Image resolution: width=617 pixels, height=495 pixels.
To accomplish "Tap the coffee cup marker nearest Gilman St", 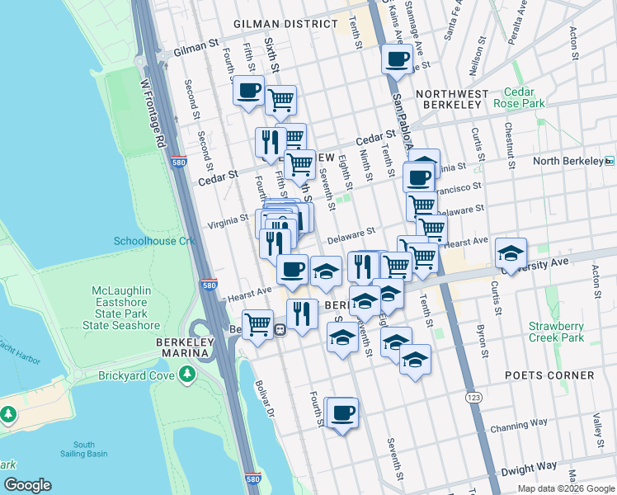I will [x=397, y=59].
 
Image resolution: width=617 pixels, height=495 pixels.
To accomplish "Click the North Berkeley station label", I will [x=568, y=161].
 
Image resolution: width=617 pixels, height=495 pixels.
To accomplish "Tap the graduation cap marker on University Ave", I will [x=511, y=253].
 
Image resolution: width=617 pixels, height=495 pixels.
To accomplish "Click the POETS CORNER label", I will [x=550, y=375].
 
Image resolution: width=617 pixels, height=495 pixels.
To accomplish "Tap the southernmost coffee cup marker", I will [x=342, y=412].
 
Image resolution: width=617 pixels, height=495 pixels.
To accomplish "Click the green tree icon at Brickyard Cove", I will [x=188, y=375].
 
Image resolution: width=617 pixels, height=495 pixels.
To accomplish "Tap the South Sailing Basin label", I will [x=90, y=449].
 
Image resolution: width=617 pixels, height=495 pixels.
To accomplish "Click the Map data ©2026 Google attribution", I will [x=565, y=488].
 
